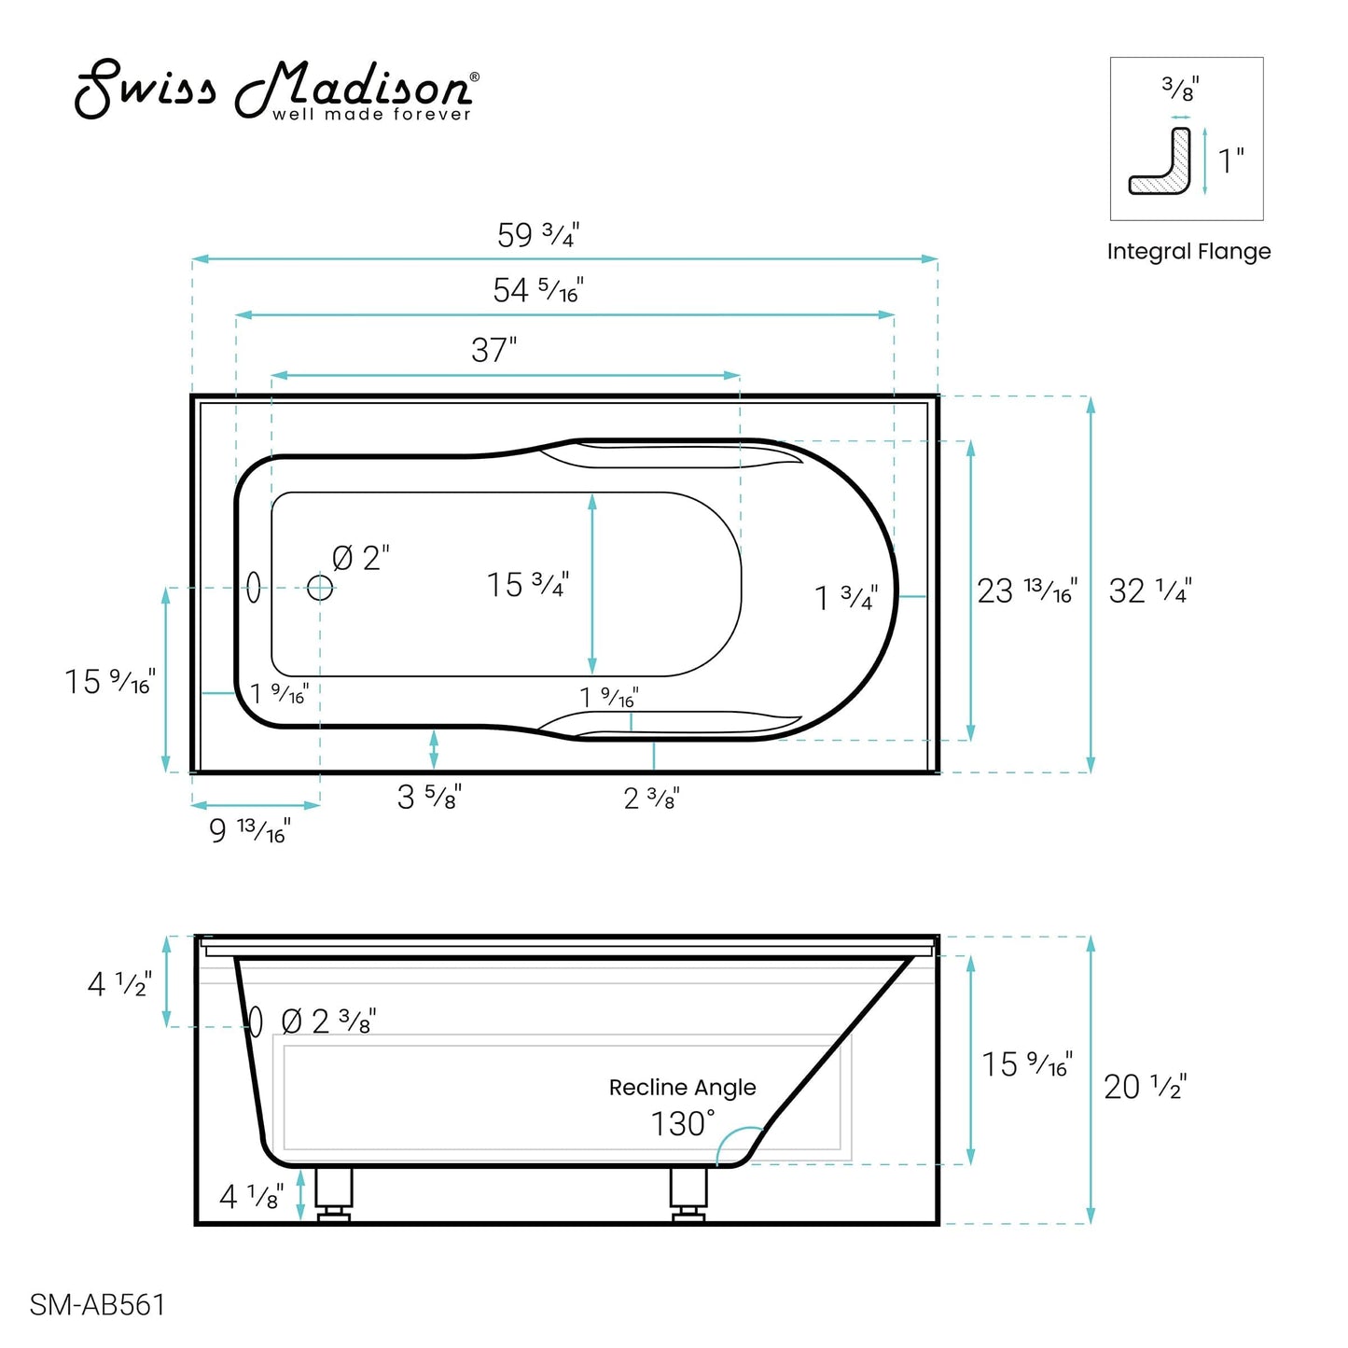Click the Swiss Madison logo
[276, 90]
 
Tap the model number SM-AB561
[97, 1304]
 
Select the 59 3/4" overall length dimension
[538, 235]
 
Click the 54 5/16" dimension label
[538, 291]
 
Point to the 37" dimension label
[493, 351]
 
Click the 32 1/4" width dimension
[1149, 591]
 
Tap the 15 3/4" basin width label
[527, 585]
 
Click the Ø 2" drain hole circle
[320, 588]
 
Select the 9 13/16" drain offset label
[249, 830]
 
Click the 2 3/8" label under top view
[651, 799]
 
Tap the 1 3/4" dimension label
[846, 598]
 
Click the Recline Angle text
[682, 1088]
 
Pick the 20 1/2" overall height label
[1145, 1087]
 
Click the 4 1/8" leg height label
[250, 1197]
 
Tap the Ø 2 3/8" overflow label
[328, 1021]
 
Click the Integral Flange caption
[1188, 252]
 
